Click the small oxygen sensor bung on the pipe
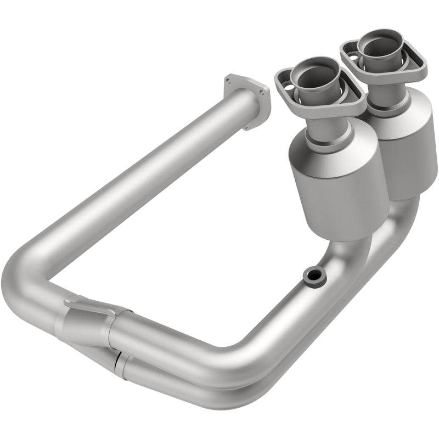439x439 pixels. pyautogui.click(x=313, y=276)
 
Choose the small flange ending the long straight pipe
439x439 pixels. pyautogui.click(x=247, y=102)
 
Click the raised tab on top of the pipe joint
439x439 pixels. pyautogui.click(x=77, y=303)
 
